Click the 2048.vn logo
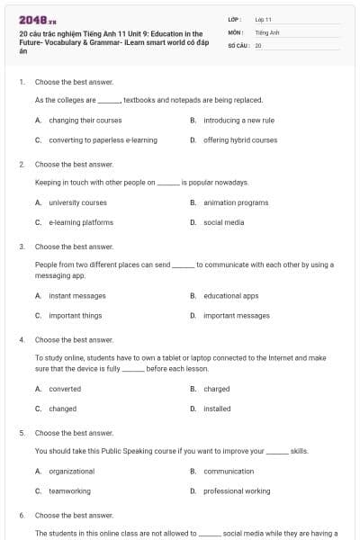[37, 20]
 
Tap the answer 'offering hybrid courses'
[240, 140]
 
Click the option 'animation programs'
[236, 202]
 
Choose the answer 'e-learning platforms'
[81, 222]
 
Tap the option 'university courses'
[77, 202]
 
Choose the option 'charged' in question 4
[216, 389]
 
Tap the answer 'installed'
[217, 409]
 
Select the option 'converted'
[65, 389]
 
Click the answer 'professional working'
[237, 491]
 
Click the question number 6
[22, 516]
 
